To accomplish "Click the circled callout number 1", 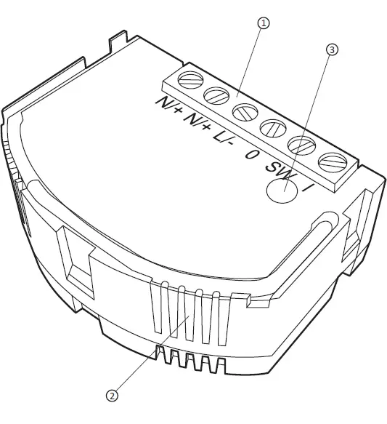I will pyautogui.click(x=263, y=23).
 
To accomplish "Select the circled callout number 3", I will pyautogui.click(x=333, y=49).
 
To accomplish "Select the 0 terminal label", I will pyautogui.click(x=252, y=153).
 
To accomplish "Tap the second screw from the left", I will pyautogui.click(x=216, y=95).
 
